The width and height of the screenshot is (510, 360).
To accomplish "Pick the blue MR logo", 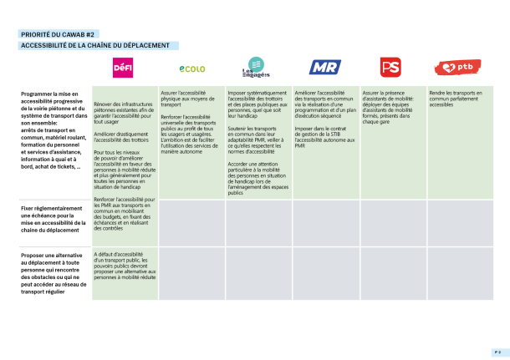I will coord(324,68).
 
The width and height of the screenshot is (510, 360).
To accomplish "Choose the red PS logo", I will coord(390,68).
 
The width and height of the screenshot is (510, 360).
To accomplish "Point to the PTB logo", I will coord(457,68).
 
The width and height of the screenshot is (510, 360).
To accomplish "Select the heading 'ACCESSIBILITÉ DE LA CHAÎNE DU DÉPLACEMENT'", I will coord(94,45).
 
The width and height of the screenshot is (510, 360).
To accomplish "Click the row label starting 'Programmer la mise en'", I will coord(53,129).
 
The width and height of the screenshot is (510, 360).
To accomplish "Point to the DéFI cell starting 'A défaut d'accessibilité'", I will coord(125,265).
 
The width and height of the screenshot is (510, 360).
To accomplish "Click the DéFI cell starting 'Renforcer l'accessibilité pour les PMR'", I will coord(125,215).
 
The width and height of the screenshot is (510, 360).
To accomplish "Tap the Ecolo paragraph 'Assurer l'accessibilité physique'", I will coord(188,99).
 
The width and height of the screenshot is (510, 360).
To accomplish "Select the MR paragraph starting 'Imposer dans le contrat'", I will coord(324,137).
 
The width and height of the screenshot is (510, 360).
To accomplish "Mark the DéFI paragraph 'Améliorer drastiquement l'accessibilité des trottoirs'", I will coord(123,137).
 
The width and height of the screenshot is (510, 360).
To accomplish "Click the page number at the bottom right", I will coord(495,352).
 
